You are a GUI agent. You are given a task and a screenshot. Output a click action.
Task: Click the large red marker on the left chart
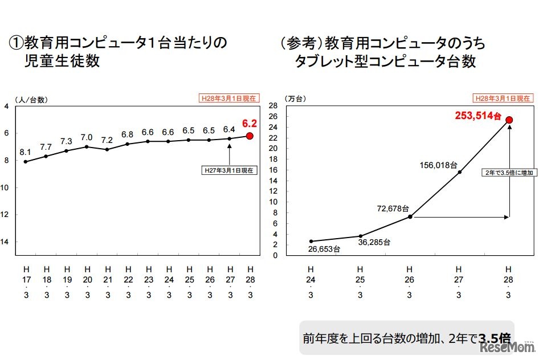pyautogui.click(x=250, y=136)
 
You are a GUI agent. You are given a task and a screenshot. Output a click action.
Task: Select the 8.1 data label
pyautogui.click(x=26, y=153)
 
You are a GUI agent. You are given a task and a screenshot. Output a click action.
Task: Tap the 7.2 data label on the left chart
pyautogui.click(x=107, y=140)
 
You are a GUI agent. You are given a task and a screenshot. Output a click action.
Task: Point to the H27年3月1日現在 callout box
pyautogui.click(x=230, y=170)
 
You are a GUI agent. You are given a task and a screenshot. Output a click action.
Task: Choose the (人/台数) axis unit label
pyautogui.click(x=32, y=99)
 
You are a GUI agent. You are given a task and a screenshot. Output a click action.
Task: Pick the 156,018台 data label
pyautogui.click(x=438, y=165)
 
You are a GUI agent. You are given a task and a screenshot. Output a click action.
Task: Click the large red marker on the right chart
pyautogui.click(x=509, y=120)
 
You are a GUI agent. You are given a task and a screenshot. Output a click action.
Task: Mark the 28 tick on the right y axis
pyautogui.click(x=272, y=106)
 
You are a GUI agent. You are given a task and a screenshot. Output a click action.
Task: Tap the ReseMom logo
pyautogui.click(x=507, y=346)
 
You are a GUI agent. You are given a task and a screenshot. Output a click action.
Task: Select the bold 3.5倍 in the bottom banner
pyautogui.click(x=494, y=337)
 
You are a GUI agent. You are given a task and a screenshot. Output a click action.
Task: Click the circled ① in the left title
pyautogui.click(x=15, y=43)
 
